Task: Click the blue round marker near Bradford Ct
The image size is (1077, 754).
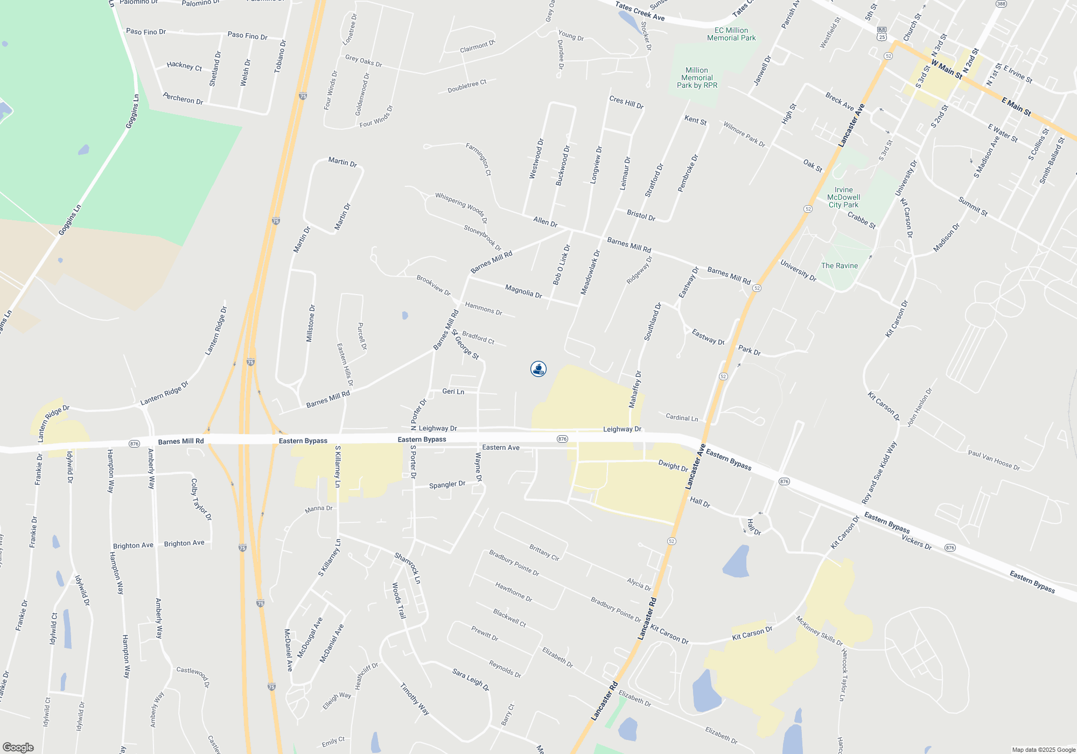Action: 538,369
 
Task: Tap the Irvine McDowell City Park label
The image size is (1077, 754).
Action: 843,197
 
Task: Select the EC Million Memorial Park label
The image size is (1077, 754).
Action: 731,34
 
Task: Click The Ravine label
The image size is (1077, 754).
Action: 839,266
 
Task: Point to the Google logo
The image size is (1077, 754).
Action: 18,748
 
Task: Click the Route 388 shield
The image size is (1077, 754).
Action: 1001,4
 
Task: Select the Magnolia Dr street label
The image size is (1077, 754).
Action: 523,291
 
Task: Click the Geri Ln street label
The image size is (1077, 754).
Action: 453,392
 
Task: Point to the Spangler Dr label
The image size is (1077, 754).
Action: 447,485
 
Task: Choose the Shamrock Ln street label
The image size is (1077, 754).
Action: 407,568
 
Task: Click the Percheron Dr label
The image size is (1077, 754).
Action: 183,99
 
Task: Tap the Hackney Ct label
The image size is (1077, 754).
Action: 184,66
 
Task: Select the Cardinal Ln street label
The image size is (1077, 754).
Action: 682,417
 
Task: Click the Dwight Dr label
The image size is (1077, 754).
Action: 673,466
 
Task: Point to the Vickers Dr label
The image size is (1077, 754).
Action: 917,542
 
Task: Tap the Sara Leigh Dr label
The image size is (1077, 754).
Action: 471,680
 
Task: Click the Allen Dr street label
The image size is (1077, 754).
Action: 545,221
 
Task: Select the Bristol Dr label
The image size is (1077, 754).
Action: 641,215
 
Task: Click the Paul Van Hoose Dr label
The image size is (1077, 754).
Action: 994,460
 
